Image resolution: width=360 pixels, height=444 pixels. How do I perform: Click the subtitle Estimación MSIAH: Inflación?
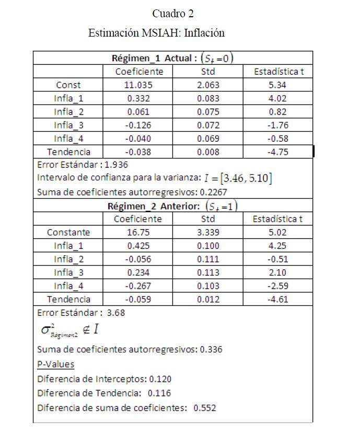coord(157,33)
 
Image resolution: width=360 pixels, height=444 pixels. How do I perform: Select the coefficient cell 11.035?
coord(138,85)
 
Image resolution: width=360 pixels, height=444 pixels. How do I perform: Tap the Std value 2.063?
coord(207,85)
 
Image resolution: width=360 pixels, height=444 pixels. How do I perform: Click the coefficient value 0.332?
coord(138,98)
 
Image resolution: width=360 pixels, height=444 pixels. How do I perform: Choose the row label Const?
coord(68,85)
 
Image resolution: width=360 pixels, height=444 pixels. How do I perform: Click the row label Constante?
coord(68,232)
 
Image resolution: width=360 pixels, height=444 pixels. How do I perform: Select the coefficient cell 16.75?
coord(138,232)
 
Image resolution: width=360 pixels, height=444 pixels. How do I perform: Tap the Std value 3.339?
coord(207,232)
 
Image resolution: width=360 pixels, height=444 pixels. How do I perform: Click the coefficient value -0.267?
coord(138,286)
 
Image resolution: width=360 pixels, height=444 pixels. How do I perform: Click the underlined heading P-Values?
coord(55,365)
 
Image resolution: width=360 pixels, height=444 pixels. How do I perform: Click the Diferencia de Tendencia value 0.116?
coord(159,393)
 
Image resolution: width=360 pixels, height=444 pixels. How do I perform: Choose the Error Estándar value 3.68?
coord(116,313)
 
